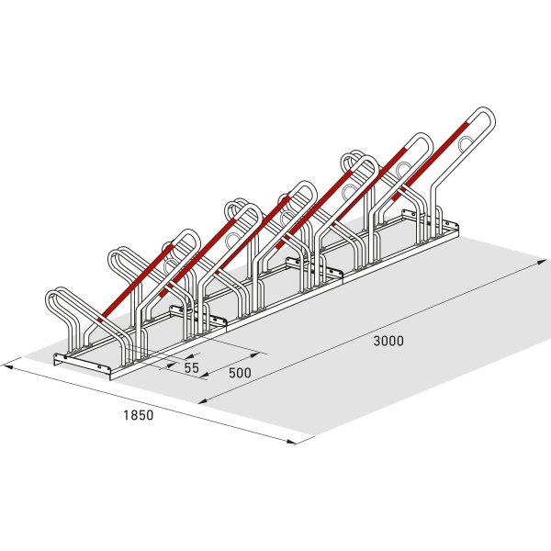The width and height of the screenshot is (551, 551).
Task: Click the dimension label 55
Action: [192, 367]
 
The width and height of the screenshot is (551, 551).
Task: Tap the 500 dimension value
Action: [240, 373]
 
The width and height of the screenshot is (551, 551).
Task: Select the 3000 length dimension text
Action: [388, 341]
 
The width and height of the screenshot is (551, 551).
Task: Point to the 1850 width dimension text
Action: [139, 415]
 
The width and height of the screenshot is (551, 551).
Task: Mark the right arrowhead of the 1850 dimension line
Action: [292, 442]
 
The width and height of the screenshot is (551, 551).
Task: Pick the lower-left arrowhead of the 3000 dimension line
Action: [203, 401]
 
